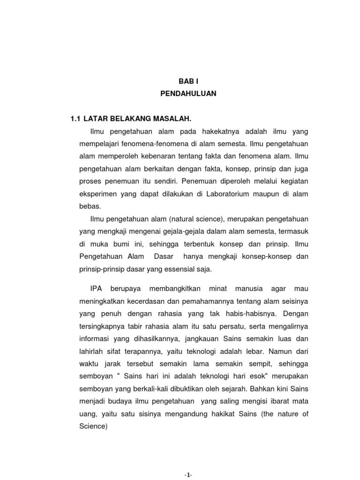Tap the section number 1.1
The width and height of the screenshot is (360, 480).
(75, 119)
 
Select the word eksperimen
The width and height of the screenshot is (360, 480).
(97, 193)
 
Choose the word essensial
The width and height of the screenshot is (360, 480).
(180, 269)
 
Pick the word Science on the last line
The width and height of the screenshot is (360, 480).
(94, 426)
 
